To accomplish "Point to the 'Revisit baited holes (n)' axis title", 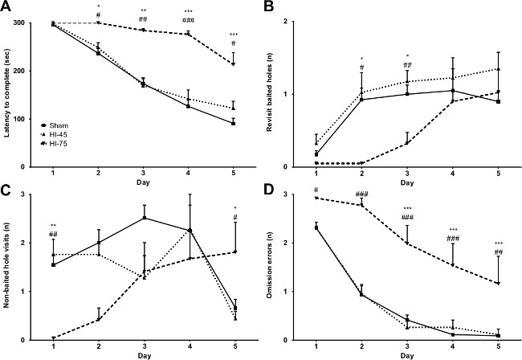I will pyautogui.click(x=280, y=95).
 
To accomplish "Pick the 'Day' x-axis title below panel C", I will pyautogui.click(x=144, y=354).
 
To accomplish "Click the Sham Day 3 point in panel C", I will pyautogui.click(x=143, y=218).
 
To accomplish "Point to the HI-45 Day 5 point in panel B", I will pyautogui.click(x=498, y=69).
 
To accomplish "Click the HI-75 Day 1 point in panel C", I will pyautogui.click(x=53, y=338).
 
